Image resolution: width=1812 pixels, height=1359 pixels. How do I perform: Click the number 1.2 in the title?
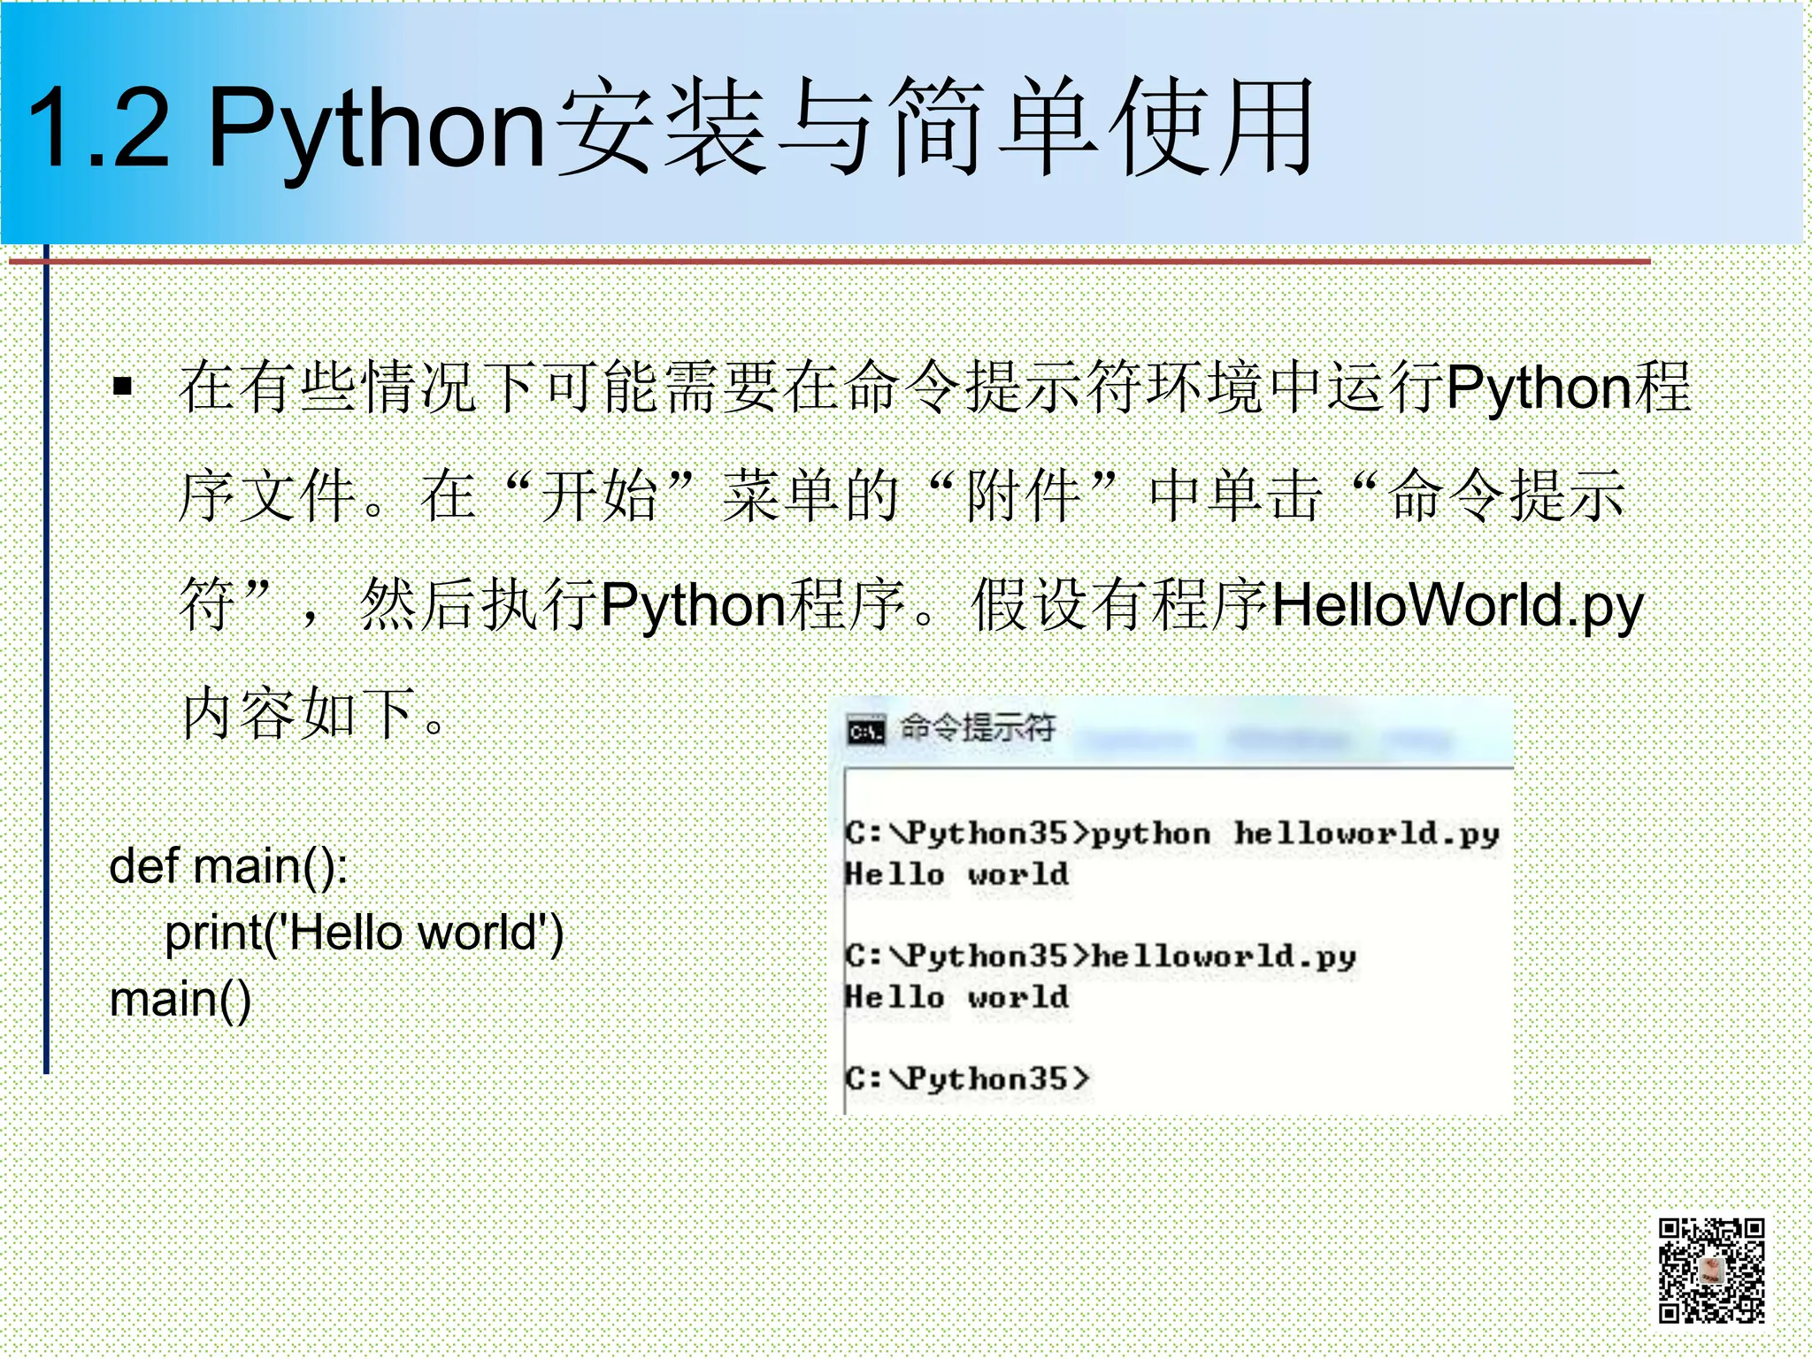97,128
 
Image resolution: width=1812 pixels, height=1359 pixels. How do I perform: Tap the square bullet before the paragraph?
123,386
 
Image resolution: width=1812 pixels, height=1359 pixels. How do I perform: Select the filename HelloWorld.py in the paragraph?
1456,607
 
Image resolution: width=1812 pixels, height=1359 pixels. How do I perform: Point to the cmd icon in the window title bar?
865,732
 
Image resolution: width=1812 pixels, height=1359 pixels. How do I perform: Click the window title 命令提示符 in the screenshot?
978,728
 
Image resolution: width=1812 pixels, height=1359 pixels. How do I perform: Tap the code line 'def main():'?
228,865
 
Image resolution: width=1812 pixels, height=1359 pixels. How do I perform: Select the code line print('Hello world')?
364,933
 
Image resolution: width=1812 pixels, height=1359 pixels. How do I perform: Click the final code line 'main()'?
180,1000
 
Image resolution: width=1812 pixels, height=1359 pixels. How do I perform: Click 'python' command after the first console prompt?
1150,833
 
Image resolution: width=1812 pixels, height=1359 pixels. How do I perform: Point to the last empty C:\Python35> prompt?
966,1079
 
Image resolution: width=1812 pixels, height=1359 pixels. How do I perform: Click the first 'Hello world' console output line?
956,874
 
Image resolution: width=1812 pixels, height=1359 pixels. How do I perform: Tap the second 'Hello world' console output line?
956,997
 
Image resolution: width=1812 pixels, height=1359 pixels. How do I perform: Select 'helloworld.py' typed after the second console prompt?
1224,956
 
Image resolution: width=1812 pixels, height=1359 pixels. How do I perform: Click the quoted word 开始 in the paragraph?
599,495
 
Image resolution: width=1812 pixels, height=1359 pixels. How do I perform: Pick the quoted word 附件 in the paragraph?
1024,495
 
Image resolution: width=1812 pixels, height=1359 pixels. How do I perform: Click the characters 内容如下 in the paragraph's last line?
299,713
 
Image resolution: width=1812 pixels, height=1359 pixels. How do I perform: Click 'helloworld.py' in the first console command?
1366,833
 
